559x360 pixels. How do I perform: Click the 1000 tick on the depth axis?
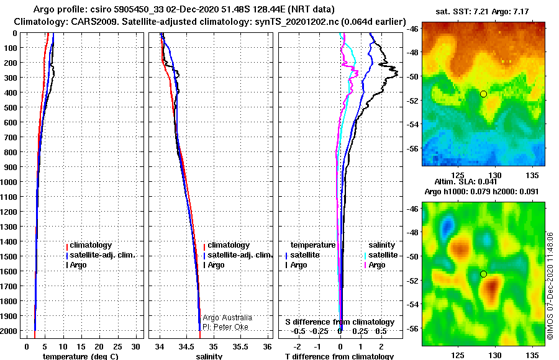(11, 182)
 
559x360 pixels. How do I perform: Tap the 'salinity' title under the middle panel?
(209, 356)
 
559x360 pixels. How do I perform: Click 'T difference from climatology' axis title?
(340, 356)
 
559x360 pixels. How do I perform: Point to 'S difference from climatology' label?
(340, 322)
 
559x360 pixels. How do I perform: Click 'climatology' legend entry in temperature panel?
(91, 245)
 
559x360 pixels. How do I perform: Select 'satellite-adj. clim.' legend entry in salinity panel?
(240, 255)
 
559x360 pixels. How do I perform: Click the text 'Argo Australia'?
(227, 318)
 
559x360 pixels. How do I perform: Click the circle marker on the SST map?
(483, 94)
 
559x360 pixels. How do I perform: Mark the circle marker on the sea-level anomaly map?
(483, 274)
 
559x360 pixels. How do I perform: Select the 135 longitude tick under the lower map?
(532, 356)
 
